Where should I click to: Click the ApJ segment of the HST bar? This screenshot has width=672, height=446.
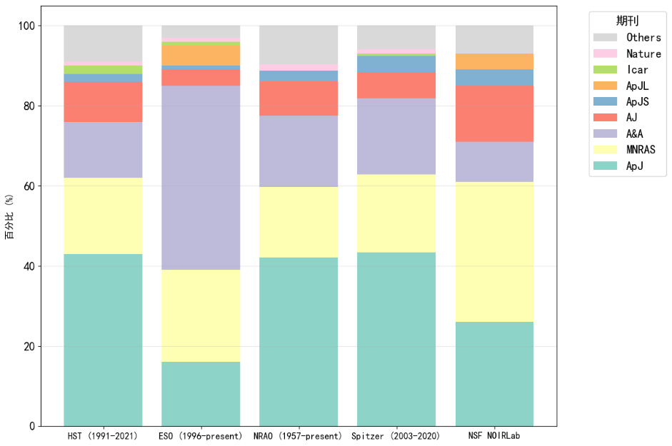point(103,340)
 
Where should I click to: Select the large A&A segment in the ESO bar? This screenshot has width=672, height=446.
point(201,178)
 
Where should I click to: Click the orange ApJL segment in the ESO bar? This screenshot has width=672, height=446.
point(201,55)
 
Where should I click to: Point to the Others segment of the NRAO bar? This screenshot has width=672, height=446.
point(299,44)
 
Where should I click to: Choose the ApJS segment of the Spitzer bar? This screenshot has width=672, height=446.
point(396,64)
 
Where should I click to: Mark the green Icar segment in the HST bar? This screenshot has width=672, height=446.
point(103,69)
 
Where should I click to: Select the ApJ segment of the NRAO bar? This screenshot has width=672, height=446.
point(299,342)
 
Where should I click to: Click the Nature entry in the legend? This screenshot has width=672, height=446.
point(643,54)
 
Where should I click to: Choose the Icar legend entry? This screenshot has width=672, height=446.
point(637,70)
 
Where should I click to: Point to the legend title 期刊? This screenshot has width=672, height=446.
point(627,21)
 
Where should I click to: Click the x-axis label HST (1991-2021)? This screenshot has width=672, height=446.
point(103,435)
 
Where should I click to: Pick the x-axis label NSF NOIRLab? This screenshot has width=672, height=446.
point(494,435)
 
